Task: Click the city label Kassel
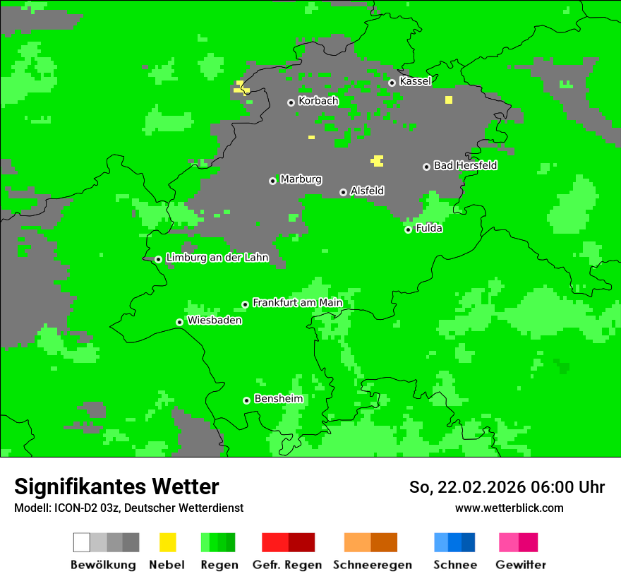click(x=415, y=81)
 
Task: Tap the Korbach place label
click(x=318, y=101)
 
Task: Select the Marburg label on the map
click(x=301, y=179)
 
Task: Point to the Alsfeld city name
click(x=367, y=191)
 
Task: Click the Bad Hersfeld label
click(x=465, y=165)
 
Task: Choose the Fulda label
click(x=429, y=228)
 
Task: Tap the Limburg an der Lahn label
click(x=217, y=258)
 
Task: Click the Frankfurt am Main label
click(x=297, y=303)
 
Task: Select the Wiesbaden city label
click(x=215, y=321)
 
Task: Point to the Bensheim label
click(x=278, y=399)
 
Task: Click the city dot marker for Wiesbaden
click(x=180, y=322)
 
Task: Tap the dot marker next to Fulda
click(x=408, y=229)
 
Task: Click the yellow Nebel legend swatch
click(x=167, y=542)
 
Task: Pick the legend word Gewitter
click(x=520, y=565)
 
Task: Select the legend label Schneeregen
click(x=372, y=565)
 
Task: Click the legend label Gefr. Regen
click(x=287, y=565)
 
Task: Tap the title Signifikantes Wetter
click(x=116, y=486)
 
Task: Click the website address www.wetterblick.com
click(x=509, y=508)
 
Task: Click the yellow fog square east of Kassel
click(x=449, y=100)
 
